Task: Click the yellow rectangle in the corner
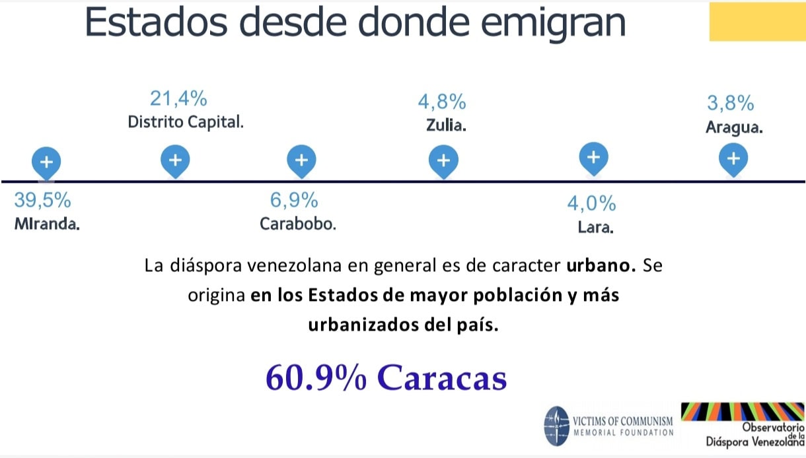point(756,22)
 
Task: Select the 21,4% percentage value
point(178,99)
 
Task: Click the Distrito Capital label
point(186,123)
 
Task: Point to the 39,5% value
point(42,200)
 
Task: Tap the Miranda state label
point(47,224)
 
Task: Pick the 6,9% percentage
point(294,200)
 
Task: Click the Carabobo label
point(298,224)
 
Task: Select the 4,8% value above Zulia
point(442,102)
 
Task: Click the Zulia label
point(447,125)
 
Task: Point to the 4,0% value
point(591,204)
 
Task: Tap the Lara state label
point(595,229)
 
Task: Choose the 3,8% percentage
point(730,103)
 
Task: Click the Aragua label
point(734,128)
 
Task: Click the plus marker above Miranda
point(46,162)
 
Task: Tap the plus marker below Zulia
point(443,160)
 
